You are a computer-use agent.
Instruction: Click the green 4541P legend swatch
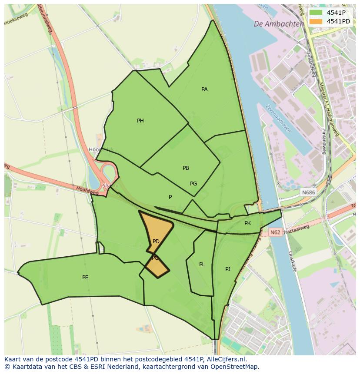coord(316,12)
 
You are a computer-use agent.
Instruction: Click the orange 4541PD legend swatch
coord(316,21)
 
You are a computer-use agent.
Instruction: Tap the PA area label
coord(204,89)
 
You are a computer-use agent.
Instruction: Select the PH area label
coord(140,121)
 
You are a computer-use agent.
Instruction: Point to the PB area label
coord(186,168)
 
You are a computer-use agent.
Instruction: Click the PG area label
coord(193,184)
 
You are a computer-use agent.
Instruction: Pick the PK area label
coord(247,223)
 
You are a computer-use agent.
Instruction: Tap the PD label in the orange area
coord(156,242)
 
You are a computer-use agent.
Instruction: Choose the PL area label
coord(202,265)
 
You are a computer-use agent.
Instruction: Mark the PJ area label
coord(228,269)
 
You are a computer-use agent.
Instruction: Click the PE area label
coord(85,278)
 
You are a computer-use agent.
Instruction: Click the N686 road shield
coord(308,192)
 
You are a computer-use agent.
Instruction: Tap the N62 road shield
coord(275,232)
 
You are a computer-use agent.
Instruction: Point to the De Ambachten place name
coord(279,24)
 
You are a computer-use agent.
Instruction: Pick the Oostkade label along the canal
coord(292,261)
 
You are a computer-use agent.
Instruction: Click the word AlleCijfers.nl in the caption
coord(226,360)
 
